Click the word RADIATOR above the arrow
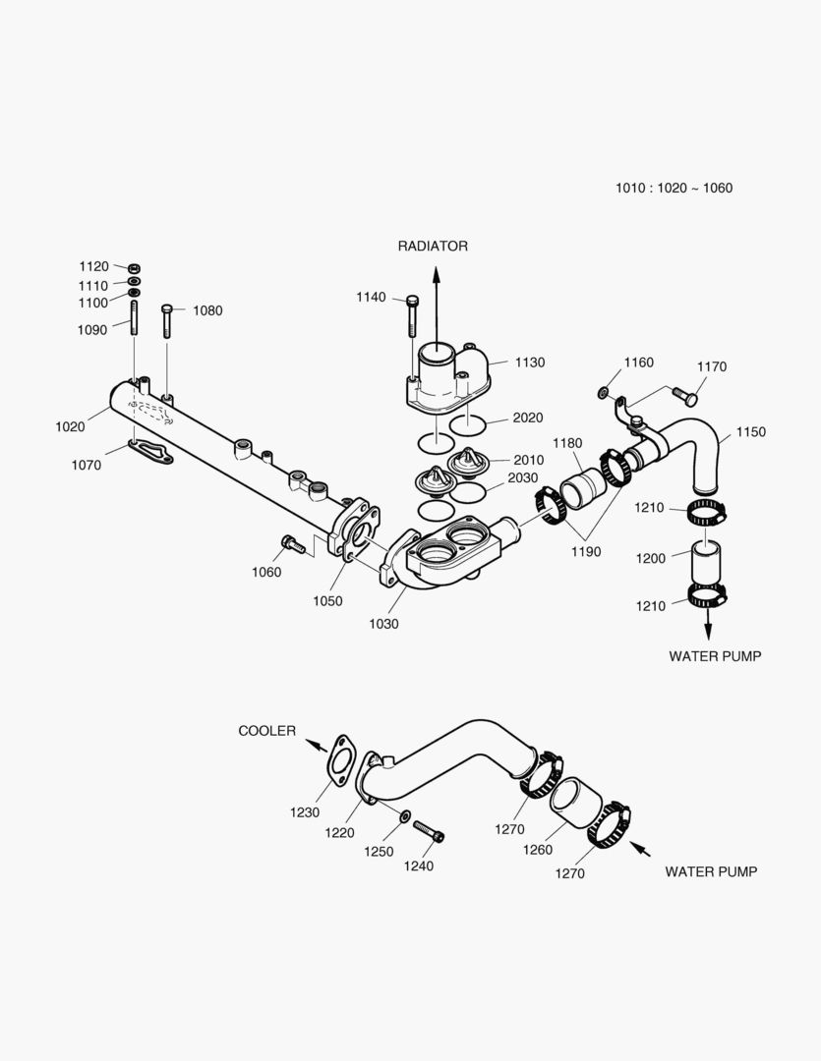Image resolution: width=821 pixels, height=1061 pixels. point(433,246)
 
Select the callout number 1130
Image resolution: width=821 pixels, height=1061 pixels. point(529,363)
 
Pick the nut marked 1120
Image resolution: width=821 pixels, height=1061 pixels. point(134,266)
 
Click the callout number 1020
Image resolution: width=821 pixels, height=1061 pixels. point(70,426)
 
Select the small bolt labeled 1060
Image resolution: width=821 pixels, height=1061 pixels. point(289,541)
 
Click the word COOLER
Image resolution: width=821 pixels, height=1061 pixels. point(266,731)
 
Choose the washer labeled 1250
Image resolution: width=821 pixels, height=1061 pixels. point(404,814)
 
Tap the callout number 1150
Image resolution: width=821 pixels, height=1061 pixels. point(750,432)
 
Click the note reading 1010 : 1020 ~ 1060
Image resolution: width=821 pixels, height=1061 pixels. point(674,188)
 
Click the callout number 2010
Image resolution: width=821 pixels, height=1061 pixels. point(528,459)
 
